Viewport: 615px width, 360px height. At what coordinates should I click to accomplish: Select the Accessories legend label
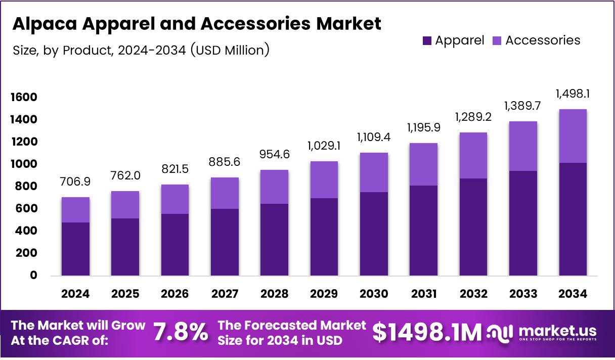point(543,40)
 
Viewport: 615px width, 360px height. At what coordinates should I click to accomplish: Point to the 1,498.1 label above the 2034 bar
point(573,94)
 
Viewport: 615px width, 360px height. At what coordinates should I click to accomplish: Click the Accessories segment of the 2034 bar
point(573,136)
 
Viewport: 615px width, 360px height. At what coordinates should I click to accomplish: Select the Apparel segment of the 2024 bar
point(75,249)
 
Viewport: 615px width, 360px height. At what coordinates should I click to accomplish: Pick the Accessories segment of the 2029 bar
point(324,179)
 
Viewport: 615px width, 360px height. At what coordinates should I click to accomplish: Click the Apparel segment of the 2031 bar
point(423,230)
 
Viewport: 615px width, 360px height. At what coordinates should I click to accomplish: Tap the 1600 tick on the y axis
point(24,97)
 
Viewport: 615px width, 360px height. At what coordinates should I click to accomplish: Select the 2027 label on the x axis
point(225,294)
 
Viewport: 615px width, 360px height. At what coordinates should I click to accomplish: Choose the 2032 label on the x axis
point(473,294)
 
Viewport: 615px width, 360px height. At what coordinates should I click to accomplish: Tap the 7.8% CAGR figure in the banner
point(181,332)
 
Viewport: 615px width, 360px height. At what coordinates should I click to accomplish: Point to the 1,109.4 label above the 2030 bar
point(374,137)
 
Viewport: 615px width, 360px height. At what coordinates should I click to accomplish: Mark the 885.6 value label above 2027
point(225,162)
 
